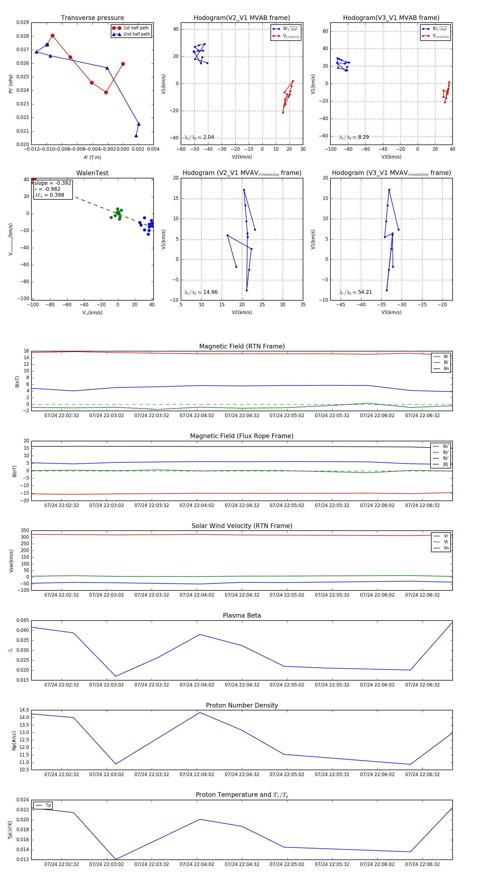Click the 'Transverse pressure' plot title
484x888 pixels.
(92, 18)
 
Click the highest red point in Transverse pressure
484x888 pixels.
(52, 36)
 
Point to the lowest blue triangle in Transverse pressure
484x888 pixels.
(136, 135)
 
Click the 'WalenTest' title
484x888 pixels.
(92, 173)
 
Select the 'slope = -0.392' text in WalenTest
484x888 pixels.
(53, 183)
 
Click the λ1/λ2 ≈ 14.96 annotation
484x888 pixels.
(201, 292)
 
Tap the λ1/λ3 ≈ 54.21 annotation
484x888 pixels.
(355, 292)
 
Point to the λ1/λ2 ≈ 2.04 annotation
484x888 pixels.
(199, 137)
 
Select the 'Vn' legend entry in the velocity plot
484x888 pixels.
(446, 548)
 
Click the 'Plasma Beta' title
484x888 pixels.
(242, 615)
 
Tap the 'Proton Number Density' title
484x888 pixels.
(242, 705)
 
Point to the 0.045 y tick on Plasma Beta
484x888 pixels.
(23, 620)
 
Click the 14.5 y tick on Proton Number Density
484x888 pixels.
(24, 710)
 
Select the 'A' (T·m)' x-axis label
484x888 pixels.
(92, 157)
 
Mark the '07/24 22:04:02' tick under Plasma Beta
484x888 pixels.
(197, 685)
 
